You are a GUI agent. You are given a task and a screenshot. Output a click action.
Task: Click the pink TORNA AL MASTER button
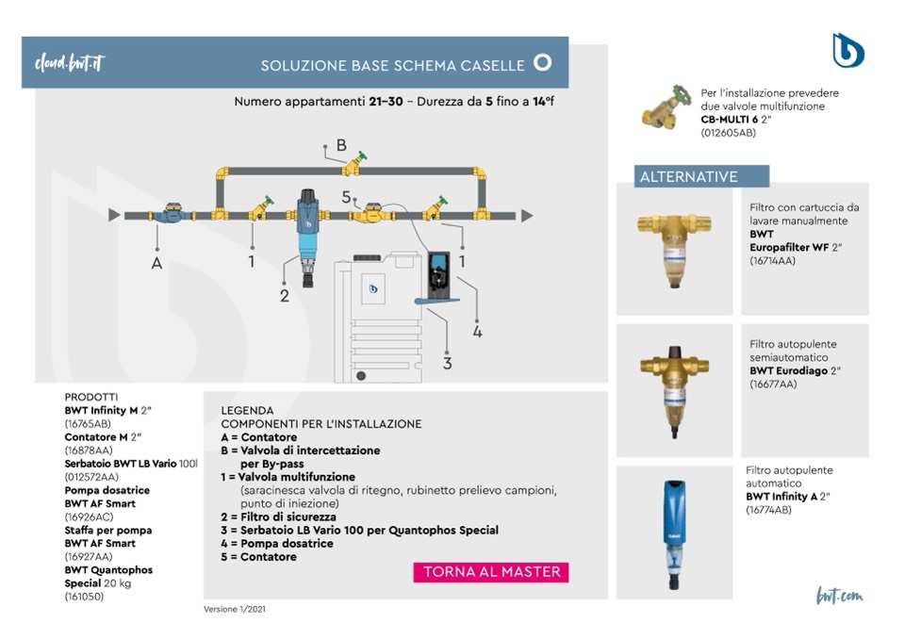coord(491,572)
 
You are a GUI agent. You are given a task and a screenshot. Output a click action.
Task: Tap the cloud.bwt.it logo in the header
coord(70,63)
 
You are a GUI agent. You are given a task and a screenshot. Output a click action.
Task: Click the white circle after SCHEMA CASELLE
coord(542,63)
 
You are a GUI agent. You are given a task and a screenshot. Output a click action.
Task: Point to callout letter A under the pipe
coord(156,263)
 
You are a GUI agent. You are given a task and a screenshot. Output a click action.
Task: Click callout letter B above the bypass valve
coord(341,145)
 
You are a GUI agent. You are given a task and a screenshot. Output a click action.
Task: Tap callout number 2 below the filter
coord(285,296)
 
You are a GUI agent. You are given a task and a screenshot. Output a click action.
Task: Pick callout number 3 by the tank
coord(447,363)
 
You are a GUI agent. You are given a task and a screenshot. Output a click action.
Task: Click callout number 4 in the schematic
coord(477,331)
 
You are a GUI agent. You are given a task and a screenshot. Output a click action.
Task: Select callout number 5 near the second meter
coord(347,197)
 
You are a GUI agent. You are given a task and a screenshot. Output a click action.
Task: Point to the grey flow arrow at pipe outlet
coord(526,215)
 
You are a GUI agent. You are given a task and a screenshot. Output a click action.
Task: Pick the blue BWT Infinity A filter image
coord(674,532)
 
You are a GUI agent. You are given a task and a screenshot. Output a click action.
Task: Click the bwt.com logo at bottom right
coord(839,596)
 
